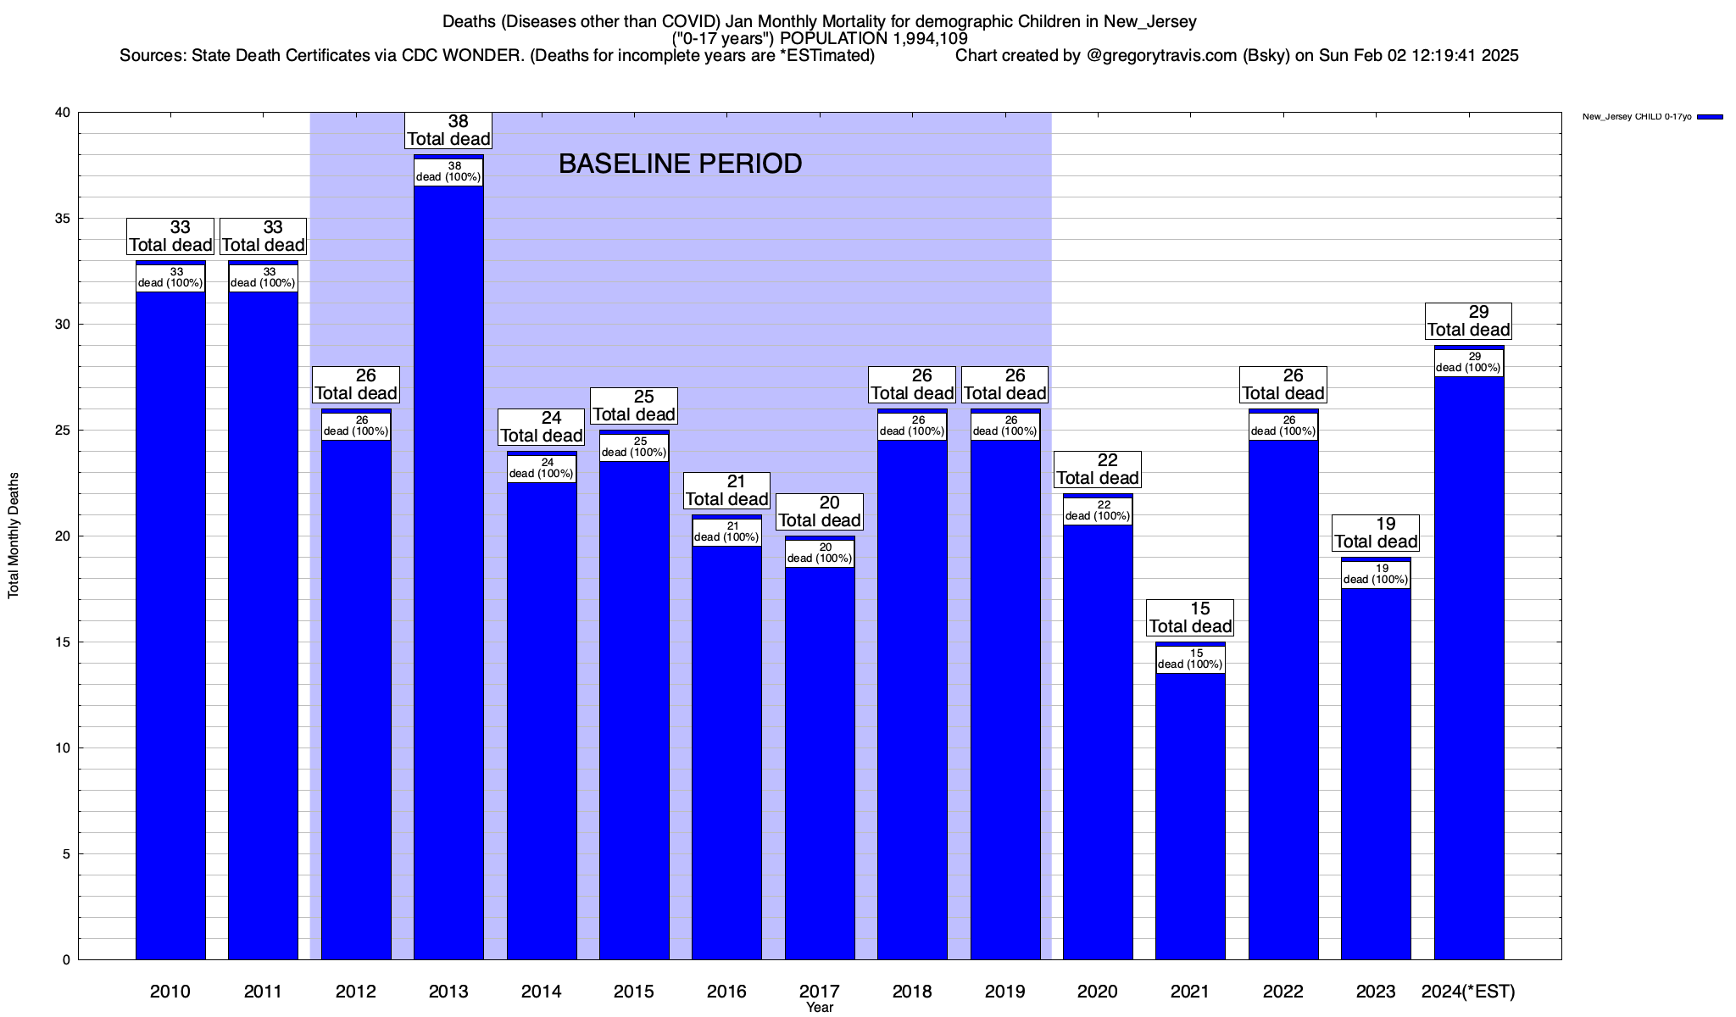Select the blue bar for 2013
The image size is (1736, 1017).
pyautogui.click(x=448, y=576)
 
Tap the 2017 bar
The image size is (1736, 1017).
pyautogui.click(x=820, y=763)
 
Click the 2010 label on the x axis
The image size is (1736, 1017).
pyautogui.click(x=170, y=992)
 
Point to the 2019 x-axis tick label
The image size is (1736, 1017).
pyautogui.click(x=1005, y=992)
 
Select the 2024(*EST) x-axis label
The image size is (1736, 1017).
pyautogui.click(x=1468, y=992)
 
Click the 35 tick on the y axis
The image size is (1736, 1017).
pyautogui.click(x=62, y=219)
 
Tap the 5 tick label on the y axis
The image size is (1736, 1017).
pyautogui.click(x=66, y=854)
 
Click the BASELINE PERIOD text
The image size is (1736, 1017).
pyautogui.click(x=680, y=164)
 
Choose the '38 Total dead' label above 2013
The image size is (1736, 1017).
pyautogui.click(x=448, y=131)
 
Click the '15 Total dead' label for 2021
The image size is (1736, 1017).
pyautogui.click(x=1190, y=618)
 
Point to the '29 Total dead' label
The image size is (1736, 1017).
pyautogui.click(x=1469, y=321)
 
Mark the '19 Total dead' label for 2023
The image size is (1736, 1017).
pyautogui.click(x=1376, y=533)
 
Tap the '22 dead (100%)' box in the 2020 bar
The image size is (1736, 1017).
pyautogui.click(x=1098, y=510)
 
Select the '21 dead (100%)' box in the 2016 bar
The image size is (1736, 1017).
pyautogui.click(x=726, y=531)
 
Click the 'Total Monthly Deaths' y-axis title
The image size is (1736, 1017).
pyautogui.click(x=14, y=536)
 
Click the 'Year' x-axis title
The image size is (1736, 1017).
pyautogui.click(x=820, y=1008)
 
